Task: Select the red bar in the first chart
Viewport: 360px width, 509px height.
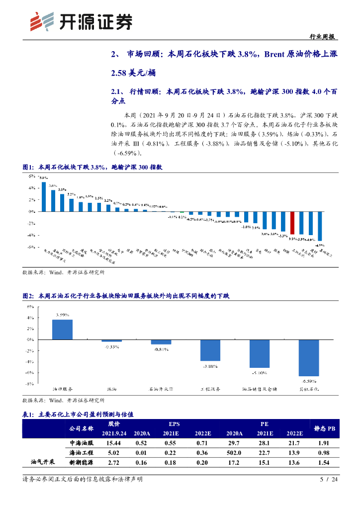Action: [293, 223]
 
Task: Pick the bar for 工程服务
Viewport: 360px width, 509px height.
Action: [210, 350]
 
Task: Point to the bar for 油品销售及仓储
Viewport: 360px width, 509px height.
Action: [259, 354]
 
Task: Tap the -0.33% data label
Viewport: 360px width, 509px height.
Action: [111, 346]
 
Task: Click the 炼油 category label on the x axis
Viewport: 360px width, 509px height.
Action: [112, 390]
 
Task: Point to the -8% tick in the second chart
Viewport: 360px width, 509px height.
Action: [29, 383]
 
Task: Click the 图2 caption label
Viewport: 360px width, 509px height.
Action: [28, 296]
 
